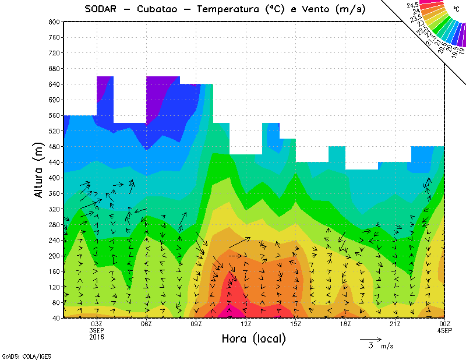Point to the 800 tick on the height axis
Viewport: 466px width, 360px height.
(x=54, y=22)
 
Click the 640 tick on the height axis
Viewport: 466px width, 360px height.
(x=54, y=84)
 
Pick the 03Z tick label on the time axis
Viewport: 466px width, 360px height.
(x=97, y=323)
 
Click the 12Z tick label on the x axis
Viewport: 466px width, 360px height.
(x=246, y=323)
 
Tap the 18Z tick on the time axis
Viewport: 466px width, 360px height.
(x=345, y=323)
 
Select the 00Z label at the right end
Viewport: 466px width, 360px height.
(x=445, y=323)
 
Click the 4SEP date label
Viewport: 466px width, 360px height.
(x=445, y=330)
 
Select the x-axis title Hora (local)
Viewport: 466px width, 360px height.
(x=253, y=339)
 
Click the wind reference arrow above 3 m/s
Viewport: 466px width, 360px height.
(x=370, y=338)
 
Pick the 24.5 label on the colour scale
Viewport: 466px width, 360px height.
(x=412, y=5)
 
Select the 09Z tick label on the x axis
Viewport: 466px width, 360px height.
(x=196, y=323)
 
